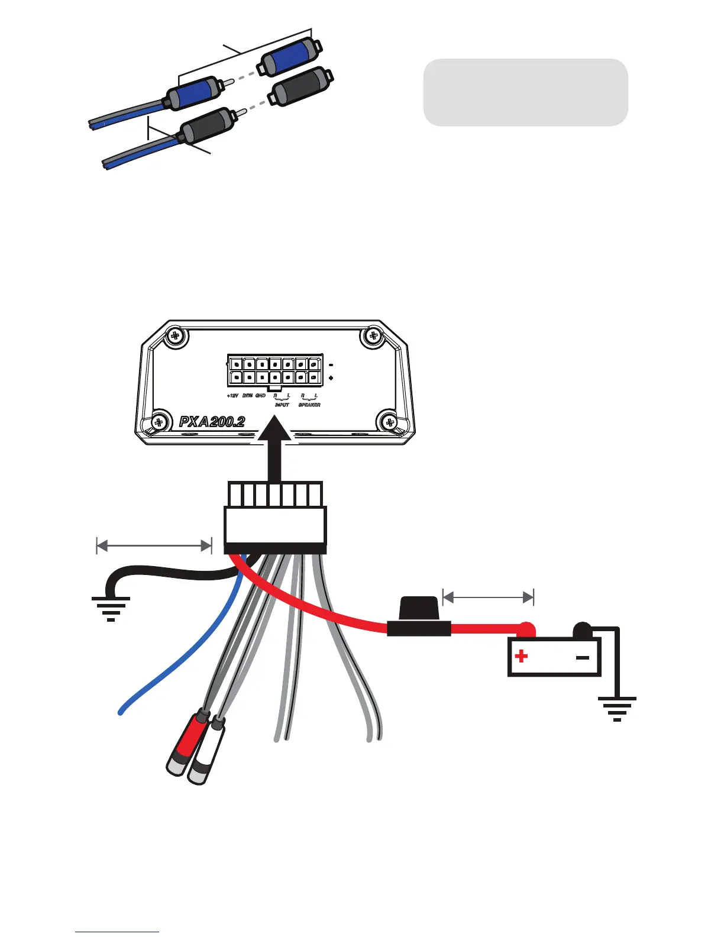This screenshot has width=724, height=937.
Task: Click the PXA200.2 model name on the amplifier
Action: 212,422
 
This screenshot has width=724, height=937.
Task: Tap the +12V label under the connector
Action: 232,396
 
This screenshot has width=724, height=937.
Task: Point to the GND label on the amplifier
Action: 260,396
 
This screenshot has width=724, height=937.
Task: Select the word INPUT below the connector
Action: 282,405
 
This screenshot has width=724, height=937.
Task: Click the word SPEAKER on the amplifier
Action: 309,405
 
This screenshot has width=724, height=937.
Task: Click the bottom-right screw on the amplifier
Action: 389,422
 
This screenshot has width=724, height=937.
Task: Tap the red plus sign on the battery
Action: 522,656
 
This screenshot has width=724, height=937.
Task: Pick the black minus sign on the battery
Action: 583,657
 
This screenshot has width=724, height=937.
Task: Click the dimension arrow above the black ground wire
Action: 154,545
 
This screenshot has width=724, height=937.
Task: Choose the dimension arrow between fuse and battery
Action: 488,597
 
